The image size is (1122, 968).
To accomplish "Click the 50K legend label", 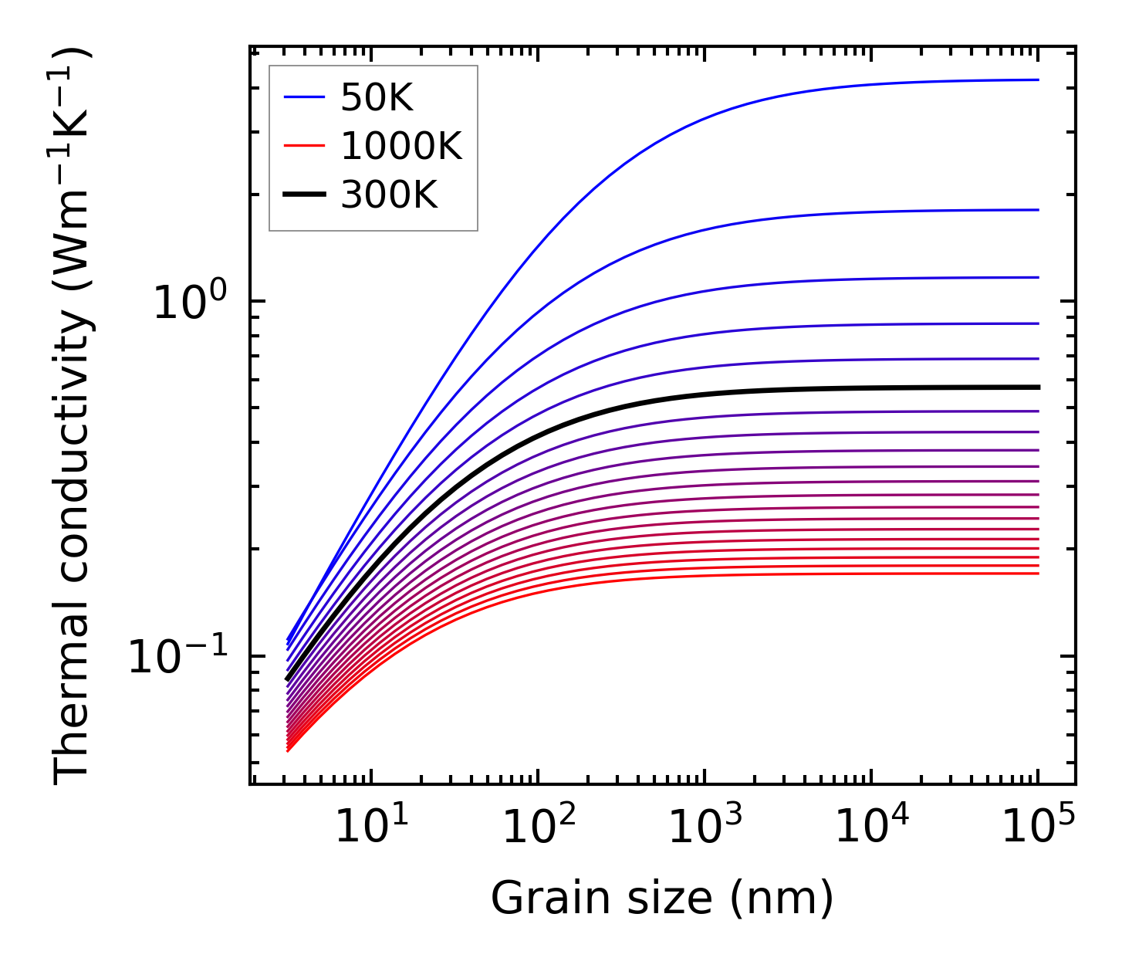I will pyautogui.click(x=377, y=98).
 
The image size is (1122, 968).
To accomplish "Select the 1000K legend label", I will pyautogui.click(x=401, y=147).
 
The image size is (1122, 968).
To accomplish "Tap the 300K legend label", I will pyautogui.click(x=389, y=196).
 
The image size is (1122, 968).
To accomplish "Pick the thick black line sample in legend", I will pyautogui.click(x=305, y=196).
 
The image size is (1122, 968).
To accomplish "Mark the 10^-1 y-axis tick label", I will pyautogui.click(x=178, y=658).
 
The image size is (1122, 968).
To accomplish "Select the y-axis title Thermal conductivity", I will pyautogui.click(x=73, y=417).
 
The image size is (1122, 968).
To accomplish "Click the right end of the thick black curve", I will pyautogui.click(x=1038, y=388).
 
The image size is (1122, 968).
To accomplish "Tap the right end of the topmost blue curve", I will pyautogui.click(x=1038, y=80).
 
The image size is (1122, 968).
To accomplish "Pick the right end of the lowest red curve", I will pyautogui.click(x=1038, y=574).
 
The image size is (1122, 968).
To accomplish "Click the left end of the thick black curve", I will pyautogui.click(x=287, y=680).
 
